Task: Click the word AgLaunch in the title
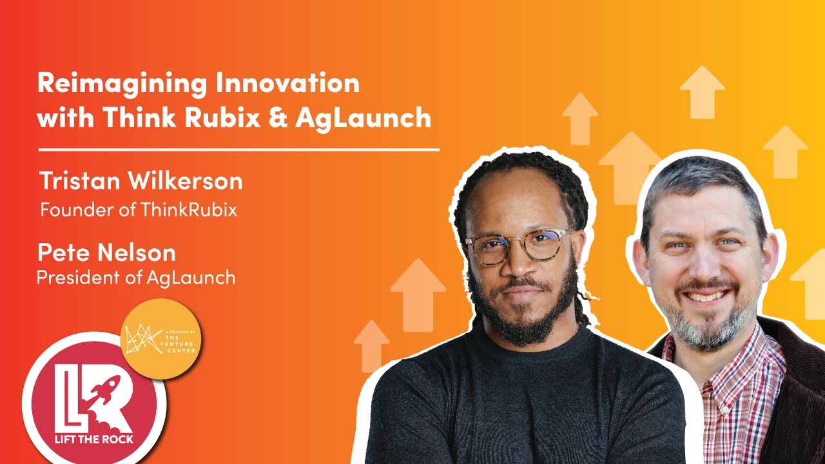point(364,118)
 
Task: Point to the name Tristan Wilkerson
point(141,181)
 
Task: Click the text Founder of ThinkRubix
point(139,210)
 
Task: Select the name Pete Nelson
point(106,252)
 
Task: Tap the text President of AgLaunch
point(136,278)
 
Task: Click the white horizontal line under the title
point(238,150)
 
